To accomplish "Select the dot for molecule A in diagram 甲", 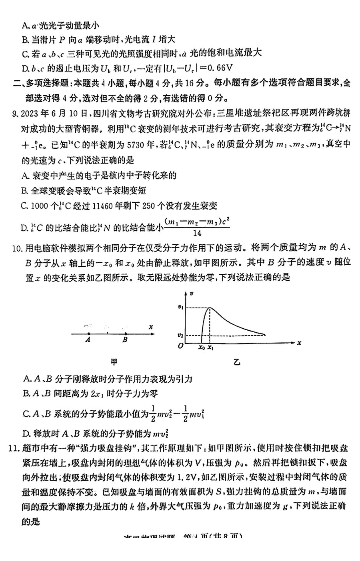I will pos(88,333).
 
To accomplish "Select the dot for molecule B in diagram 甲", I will pos(125,333).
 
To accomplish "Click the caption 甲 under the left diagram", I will pos(114,362).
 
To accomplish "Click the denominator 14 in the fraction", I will pos(197,234).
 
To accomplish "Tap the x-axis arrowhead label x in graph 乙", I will pos(299,343).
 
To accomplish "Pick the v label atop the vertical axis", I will pos(192,294).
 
